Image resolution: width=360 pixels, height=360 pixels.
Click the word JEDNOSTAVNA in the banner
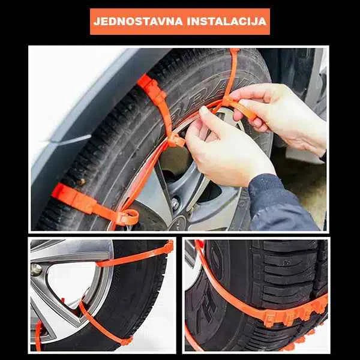click(x=137, y=22)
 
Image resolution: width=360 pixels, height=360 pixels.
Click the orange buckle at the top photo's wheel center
click(x=176, y=141)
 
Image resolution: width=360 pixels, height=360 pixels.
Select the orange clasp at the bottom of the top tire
click(x=127, y=216)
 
